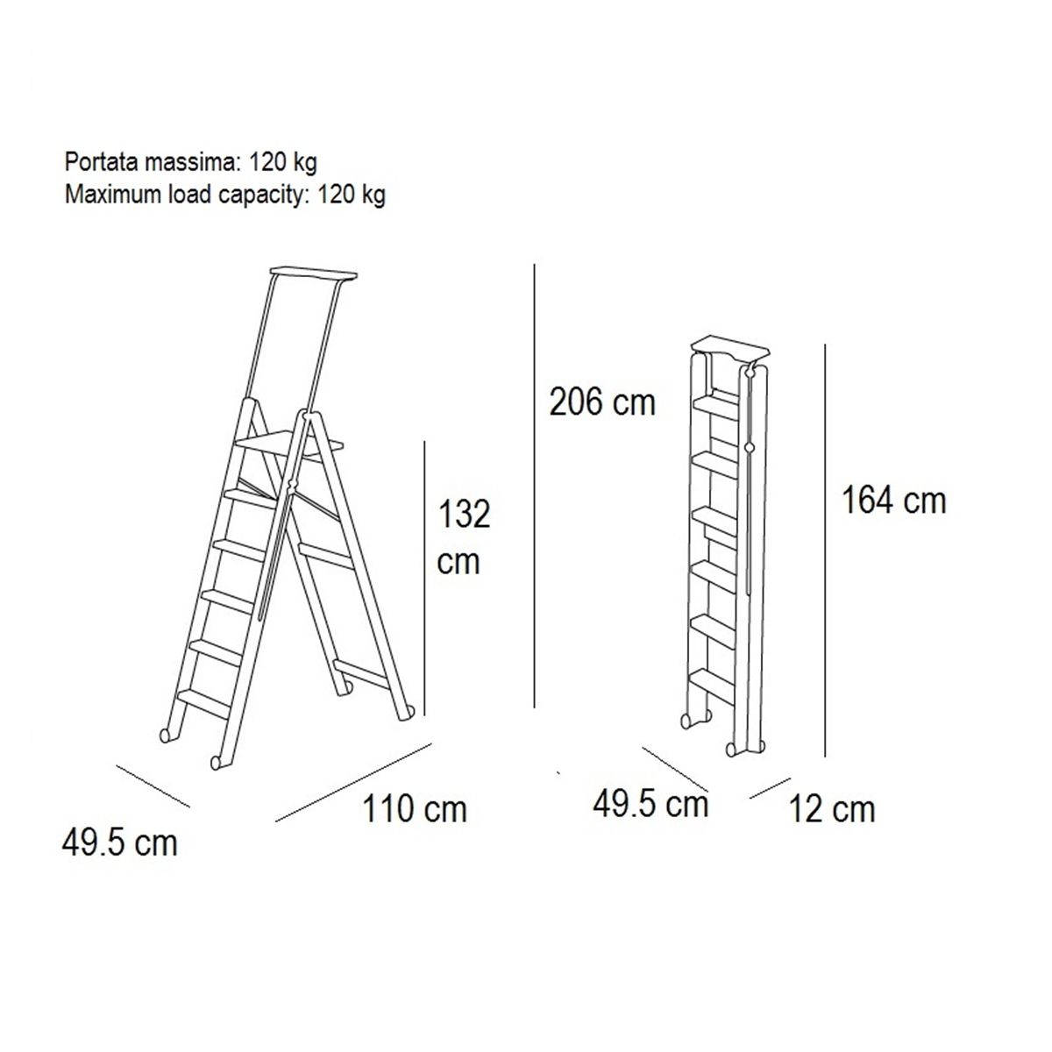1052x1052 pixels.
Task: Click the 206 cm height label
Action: tap(601, 402)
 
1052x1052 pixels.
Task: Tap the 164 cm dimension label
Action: tap(893, 500)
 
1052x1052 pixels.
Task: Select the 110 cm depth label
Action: tap(415, 808)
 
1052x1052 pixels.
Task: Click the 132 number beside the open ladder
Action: tap(464, 514)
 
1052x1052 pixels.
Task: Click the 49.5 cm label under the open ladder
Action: tap(119, 842)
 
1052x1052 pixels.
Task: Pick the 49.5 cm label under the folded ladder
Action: tap(650, 804)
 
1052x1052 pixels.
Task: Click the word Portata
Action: tap(102, 162)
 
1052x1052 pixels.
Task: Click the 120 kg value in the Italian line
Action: tap(283, 163)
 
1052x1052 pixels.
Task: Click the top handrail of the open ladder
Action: tap(314, 274)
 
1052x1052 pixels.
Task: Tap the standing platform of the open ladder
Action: tap(289, 443)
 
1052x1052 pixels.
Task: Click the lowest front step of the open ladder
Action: tap(203, 703)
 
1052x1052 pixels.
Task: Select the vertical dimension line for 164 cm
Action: tap(825, 550)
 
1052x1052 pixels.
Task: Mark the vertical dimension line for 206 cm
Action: tap(535, 486)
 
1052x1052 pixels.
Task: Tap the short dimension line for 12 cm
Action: tap(770, 788)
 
